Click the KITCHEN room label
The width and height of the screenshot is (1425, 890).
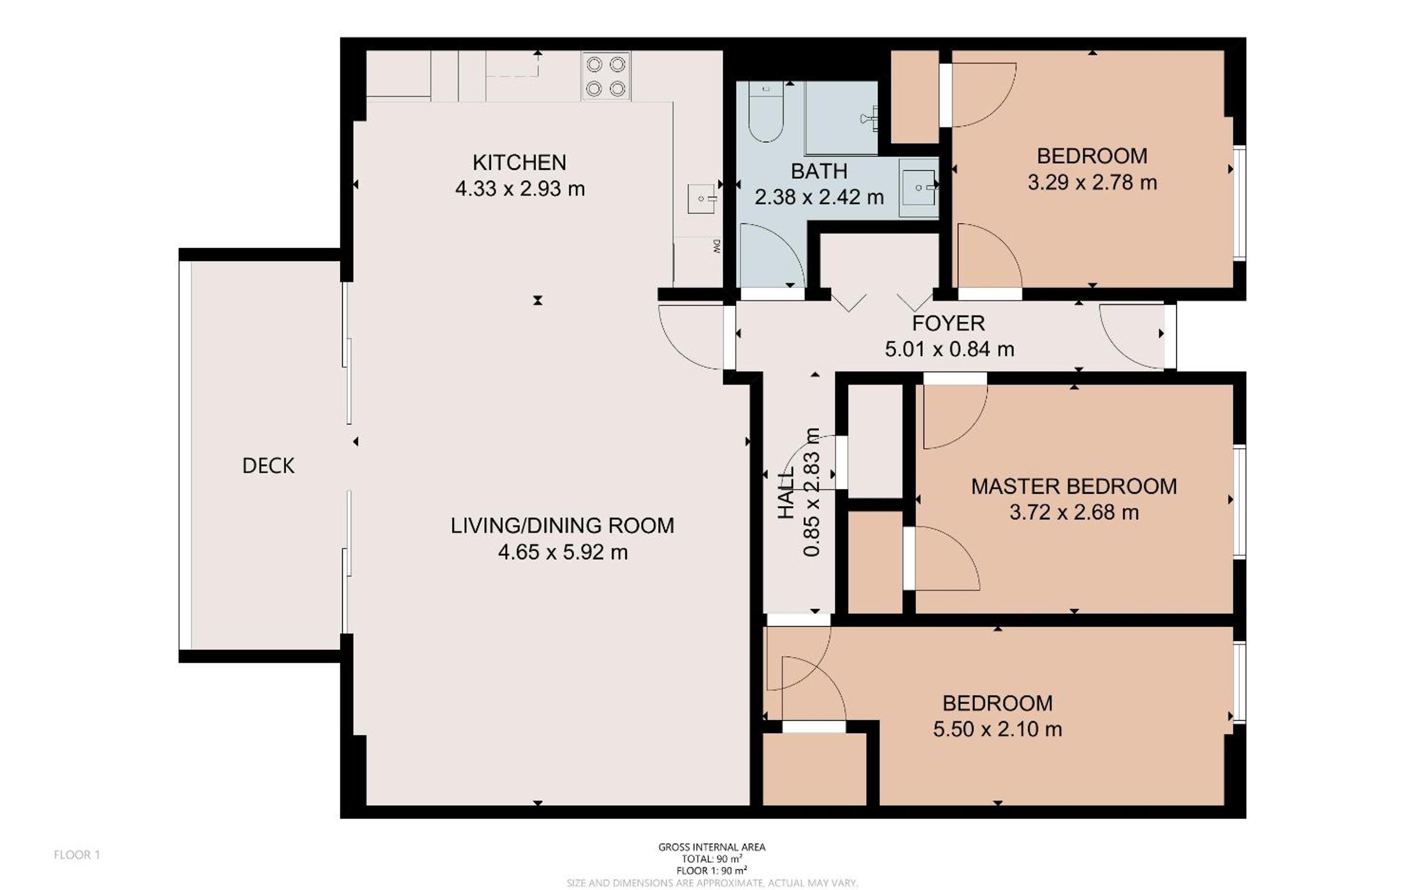[x=519, y=162]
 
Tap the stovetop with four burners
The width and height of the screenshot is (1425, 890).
[x=606, y=76]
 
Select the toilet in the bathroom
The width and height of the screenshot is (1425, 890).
[x=766, y=112]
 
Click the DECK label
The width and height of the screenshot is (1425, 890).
[x=268, y=466]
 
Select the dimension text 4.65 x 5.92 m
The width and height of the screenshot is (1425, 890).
[x=563, y=552]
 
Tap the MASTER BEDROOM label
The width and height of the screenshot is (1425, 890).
[x=1073, y=486]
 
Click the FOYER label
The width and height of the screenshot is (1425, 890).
[x=948, y=323]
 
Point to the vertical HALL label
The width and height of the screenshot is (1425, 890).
[x=786, y=493]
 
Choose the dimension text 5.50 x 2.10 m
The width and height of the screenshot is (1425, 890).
[x=997, y=730]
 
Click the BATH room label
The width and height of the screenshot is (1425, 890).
[x=819, y=171]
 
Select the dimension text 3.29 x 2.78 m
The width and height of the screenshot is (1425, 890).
[x=1092, y=183]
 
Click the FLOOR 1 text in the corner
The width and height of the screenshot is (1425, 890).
[x=77, y=855]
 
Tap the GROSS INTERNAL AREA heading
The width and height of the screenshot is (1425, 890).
[x=712, y=848]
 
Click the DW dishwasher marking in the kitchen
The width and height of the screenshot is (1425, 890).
[x=716, y=246]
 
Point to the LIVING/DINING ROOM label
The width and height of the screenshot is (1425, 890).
[x=562, y=526]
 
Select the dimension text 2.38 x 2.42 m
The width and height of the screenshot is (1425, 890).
[x=819, y=197]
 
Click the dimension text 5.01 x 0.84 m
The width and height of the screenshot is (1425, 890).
[x=949, y=350]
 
